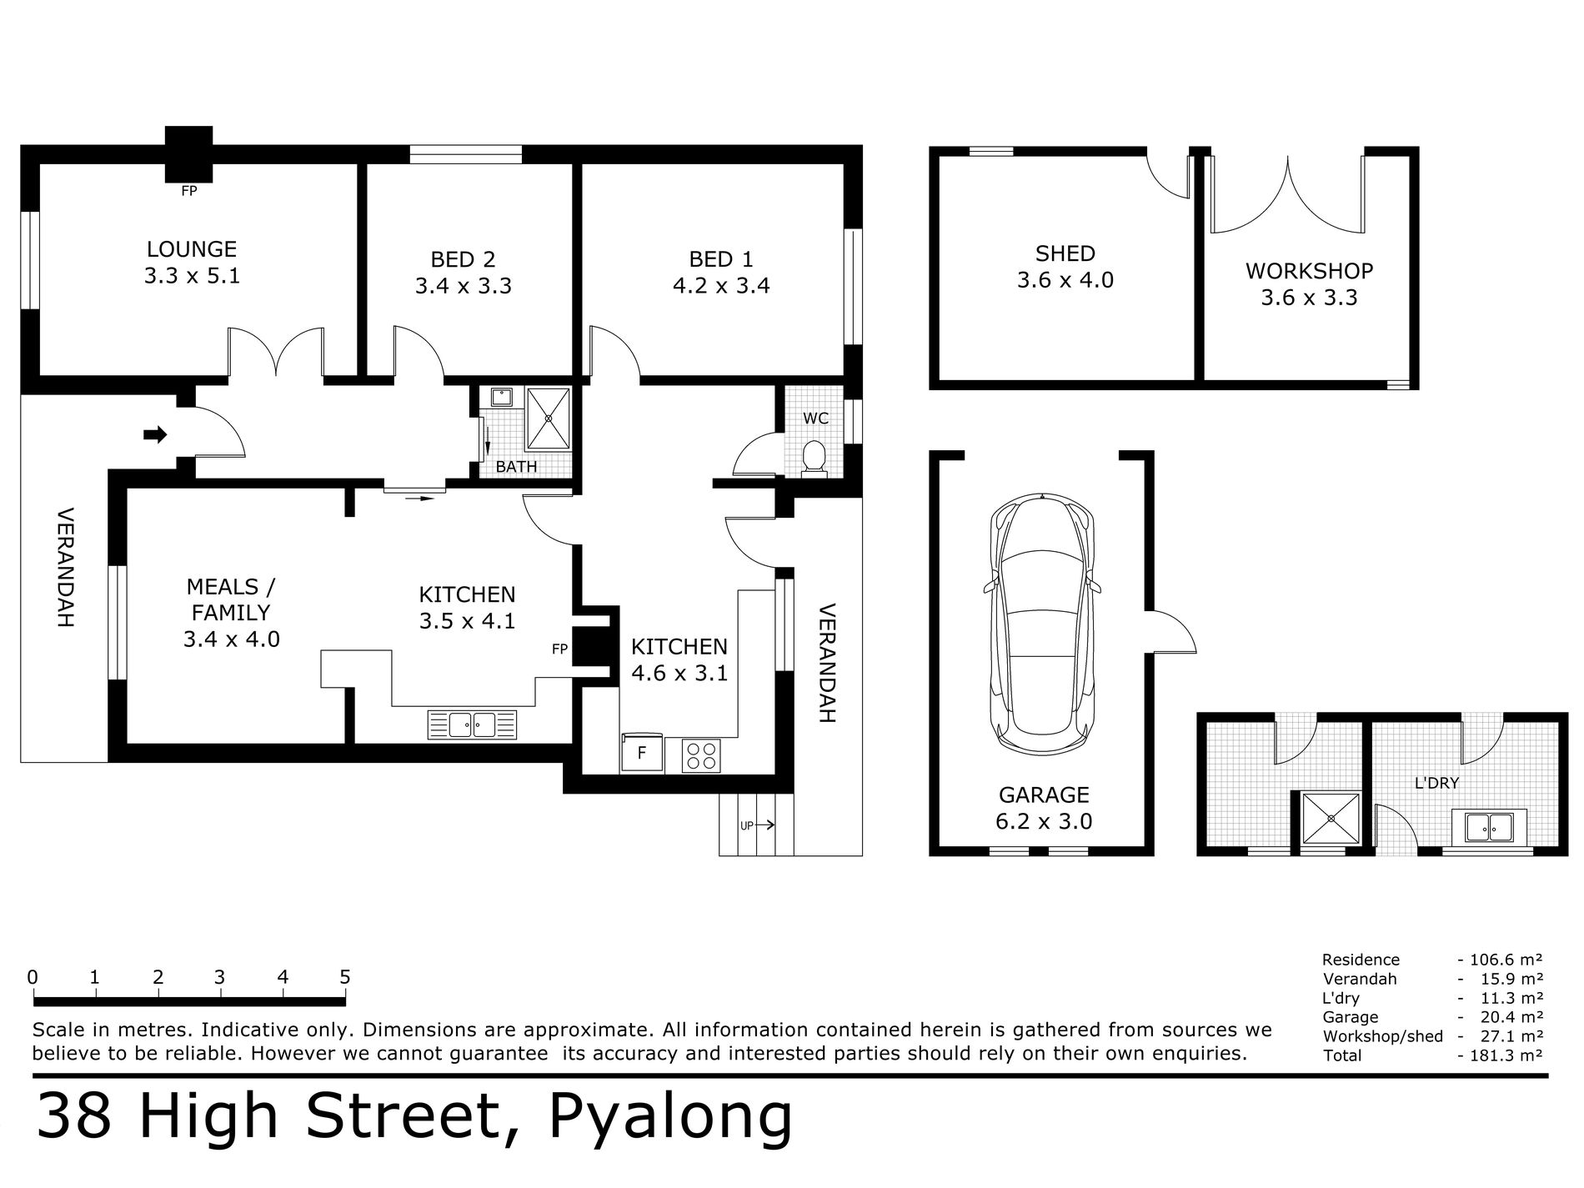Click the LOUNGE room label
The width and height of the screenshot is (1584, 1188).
click(192, 249)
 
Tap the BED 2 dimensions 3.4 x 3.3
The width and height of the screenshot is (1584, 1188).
click(463, 286)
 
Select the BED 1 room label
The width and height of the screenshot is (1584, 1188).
click(721, 259)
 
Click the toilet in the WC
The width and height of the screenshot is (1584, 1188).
click(813, 458)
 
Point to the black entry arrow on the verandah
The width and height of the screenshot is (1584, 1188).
click(155, 434)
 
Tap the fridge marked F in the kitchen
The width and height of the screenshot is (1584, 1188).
click(641, 754)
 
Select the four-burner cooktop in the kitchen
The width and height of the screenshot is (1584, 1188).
click(700, 755)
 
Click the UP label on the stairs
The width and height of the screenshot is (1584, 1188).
click(747, 825)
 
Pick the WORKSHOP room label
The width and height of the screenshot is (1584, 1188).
click(1309, 271)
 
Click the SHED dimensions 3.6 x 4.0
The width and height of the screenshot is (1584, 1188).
click(1065, 280)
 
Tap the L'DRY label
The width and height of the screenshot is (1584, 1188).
click(1436, 784)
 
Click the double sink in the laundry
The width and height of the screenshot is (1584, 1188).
click(1488, 827)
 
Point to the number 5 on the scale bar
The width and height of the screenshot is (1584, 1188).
click(344, 977)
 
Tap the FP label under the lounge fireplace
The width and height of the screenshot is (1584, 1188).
click(188, 191)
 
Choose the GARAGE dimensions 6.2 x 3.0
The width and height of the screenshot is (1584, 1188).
click(1043, 821)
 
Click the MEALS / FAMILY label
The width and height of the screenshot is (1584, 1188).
click(230, 599)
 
